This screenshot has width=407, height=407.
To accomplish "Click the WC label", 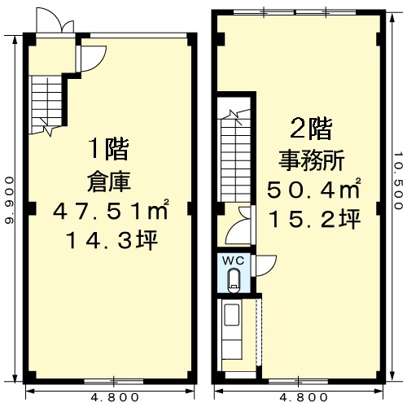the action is tap(234, 260).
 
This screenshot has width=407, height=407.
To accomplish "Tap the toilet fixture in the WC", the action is tap(234, 281).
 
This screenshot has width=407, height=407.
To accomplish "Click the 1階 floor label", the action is tap(109, 149).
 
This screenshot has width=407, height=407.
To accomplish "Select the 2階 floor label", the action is tap(311, 129).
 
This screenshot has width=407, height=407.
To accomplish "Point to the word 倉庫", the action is tap(109, 182).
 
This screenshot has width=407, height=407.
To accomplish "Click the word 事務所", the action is tap(312, 160).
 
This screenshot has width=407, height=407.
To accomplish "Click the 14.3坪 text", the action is tap(112, 240).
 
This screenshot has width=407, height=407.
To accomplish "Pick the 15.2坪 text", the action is tap(314, 218).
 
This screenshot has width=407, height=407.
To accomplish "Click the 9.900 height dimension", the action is tap(10, 200).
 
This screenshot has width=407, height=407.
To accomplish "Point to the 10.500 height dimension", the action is tap(398, 181).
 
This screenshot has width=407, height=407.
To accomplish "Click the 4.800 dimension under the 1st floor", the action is tap(115, 398).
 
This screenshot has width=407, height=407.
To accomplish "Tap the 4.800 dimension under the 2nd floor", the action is tap(304, 398).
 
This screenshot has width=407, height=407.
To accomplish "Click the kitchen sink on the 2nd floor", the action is tap(231, 315).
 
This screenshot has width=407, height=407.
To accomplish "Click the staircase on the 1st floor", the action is tap(46, 104).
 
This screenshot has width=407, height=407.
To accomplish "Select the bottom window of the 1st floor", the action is tap(114, 382).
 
